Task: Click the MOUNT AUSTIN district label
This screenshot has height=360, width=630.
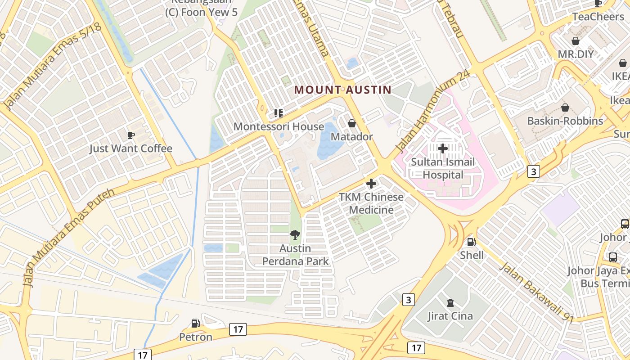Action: [x=342, y=90]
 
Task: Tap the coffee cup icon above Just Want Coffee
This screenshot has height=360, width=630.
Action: [x=130, y=135]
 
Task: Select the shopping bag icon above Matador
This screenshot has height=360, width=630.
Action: [x=352, y=123]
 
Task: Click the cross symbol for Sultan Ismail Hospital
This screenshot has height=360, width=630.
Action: [x=443, y=148]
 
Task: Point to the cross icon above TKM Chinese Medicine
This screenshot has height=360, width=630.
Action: [x=371, y=184]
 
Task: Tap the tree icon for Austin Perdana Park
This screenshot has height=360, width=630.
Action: [x=295, y=234]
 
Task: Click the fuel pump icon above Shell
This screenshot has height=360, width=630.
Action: [x=472, y=242]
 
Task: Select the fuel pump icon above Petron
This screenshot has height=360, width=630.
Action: [x=195, y=323]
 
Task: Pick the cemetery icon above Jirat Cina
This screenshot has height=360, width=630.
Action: [x=450, y=303]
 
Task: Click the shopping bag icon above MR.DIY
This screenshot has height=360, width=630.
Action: [x=575, y=41]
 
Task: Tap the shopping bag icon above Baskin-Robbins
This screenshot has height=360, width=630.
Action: [x=565, y=108]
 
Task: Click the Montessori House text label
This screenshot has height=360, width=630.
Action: [x=279, y=126]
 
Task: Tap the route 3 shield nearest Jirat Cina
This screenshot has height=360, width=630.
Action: [x=408, y=300]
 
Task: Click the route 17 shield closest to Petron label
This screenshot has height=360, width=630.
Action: [x=238, y=329]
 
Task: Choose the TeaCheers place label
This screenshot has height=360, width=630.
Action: [x=598, y=17]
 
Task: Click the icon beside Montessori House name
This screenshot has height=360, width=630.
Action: [x=279, y=113]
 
